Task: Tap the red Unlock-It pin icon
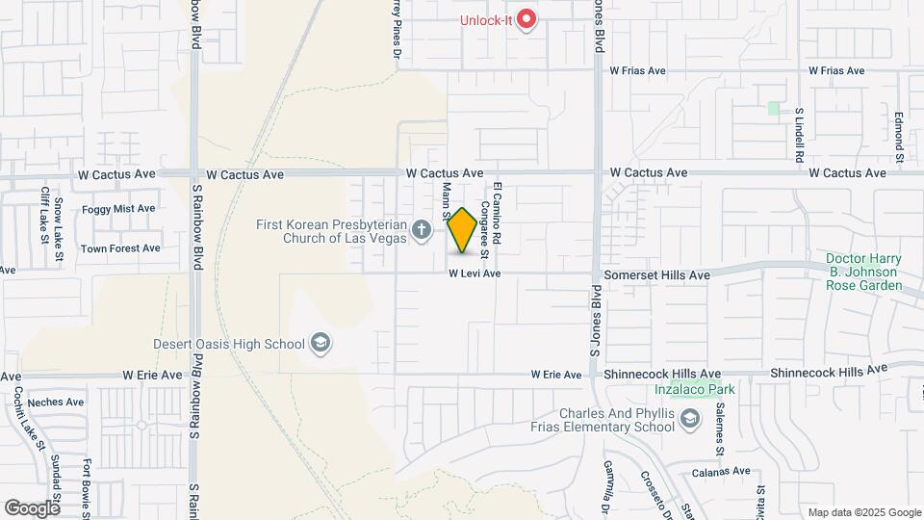coord(526,18)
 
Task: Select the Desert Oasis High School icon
coord(320,344)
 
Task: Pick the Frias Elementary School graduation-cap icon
coord(690,419)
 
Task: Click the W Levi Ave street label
coord(475,274)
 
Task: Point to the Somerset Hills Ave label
coord(656,275)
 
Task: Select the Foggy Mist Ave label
coord(118,208)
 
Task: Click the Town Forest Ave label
coord(120,248)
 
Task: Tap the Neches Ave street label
coord(56,403)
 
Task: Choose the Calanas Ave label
coord(721,471)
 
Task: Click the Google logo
coord(32,507)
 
